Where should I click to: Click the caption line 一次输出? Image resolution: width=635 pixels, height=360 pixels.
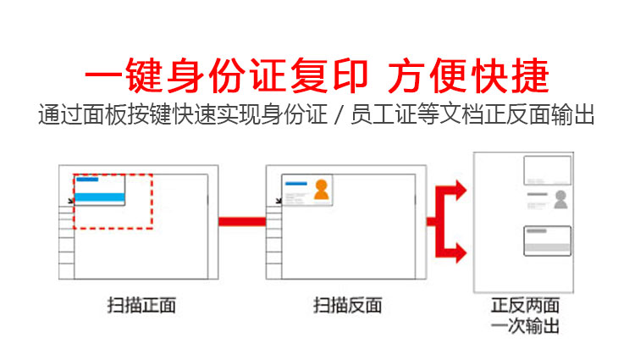coord(525,325)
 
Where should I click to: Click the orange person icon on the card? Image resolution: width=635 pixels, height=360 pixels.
coord(321,190)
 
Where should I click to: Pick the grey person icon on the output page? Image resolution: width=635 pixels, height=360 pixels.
coord(560,200)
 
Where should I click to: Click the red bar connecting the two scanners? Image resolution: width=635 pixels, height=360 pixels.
coord(242,222)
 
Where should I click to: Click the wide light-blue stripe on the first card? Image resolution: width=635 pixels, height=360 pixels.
coord(101,197)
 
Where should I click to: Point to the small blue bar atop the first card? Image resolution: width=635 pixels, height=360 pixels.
coord(87,180)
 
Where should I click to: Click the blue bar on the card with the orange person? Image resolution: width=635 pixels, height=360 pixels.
coord(295,182)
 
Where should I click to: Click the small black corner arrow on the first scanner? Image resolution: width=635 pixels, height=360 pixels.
coord(69,201)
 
